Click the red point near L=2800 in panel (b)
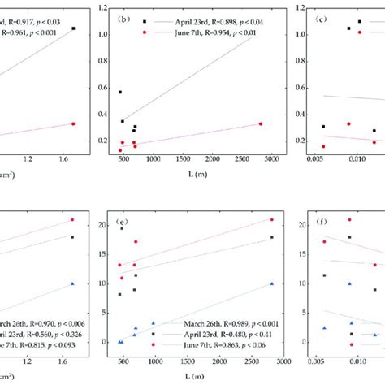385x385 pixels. (x=261, y=123)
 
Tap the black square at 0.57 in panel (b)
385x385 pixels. (x=121, y=92)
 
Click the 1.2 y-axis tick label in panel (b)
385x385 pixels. (x=103, y=8)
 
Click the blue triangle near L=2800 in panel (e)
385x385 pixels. (x=272, y=283)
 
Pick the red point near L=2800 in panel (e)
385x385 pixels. (x=272, y=219)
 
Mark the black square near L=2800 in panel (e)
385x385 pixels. (x=272, y=237)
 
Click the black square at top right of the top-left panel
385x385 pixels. (x=73, y=28)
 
